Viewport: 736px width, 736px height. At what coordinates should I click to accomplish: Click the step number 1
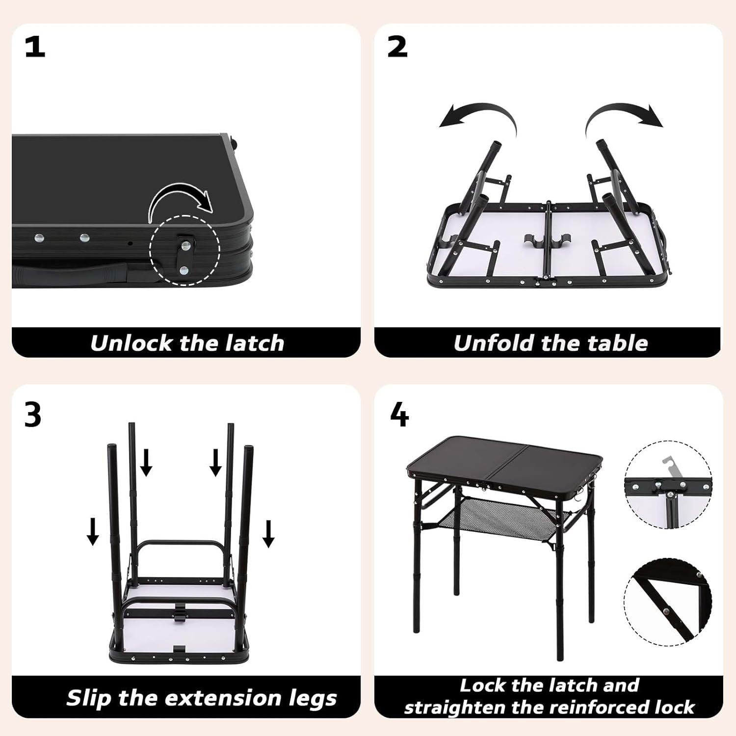point(35,48)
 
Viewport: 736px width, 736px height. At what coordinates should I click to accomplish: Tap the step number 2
point(397,48)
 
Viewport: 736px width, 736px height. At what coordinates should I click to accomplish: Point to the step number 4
point(399,415)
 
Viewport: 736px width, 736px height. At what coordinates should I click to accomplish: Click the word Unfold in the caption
point(494,343)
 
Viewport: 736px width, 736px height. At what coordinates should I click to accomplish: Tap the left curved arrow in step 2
point(478,117)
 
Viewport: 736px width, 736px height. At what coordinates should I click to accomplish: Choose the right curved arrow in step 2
point(623,118)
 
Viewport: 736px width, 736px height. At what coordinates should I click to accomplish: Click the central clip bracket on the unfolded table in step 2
point(548,241)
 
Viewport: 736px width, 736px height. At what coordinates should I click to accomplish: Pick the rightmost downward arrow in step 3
point(268,534)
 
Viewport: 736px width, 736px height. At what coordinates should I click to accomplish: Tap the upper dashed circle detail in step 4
point(668,484)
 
